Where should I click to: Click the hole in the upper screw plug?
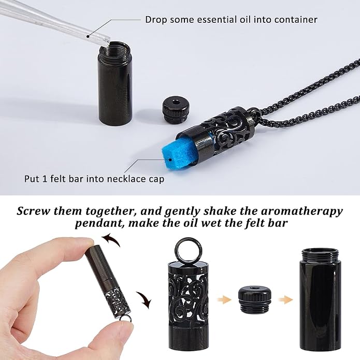point(176,101)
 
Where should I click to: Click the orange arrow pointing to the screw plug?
point(224,299)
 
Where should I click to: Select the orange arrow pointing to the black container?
point(285,299)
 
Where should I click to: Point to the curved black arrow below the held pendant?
point(144,300)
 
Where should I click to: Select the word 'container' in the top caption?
point(295,20)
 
